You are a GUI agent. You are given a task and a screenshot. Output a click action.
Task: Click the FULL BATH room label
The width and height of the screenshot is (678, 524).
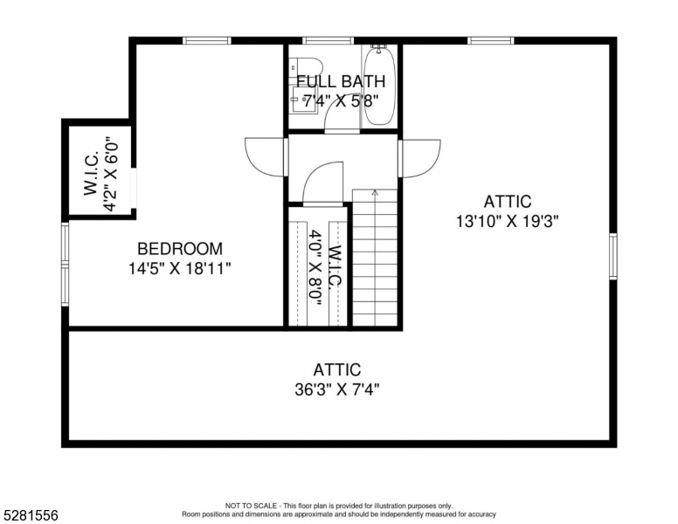(x=341, y=82)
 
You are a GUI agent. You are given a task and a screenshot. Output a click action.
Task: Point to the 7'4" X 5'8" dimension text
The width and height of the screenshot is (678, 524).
(x=341, y=100)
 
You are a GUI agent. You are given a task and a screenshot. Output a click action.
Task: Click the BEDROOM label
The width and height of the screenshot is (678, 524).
(x=179, y=249)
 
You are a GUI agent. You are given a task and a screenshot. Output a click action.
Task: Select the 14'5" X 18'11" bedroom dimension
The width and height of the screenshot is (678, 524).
(x=179, y=268)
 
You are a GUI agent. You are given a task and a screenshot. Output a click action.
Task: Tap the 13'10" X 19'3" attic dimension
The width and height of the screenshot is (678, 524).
(x=507, y=222)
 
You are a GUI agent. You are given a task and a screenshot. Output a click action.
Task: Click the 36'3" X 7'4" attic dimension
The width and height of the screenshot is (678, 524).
(x=337, y=390)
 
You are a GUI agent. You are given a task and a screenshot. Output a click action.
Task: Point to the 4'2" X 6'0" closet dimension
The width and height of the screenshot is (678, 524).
(x=111, y=173)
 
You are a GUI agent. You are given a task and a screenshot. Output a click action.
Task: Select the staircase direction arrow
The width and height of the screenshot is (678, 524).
(x=375, y=194)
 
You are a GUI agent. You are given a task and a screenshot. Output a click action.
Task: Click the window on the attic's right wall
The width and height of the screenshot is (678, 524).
(x=612, y=256)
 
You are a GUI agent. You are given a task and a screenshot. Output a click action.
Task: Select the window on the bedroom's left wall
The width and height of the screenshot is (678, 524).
(x=65, y=265)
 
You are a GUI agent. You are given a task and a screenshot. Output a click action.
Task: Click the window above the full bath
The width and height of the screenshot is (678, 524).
(x=328, y=40)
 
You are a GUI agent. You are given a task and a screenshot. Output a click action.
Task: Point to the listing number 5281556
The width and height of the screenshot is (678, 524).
(x=30, y=516)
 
